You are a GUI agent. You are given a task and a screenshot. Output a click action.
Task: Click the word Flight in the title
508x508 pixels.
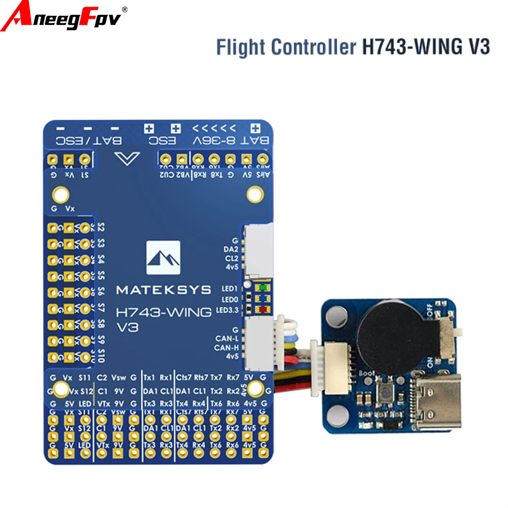click(241, 47)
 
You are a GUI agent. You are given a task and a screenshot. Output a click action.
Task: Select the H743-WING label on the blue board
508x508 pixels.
click(164, 312)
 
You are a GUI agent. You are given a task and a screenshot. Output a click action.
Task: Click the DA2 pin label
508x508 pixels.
click(231, 249)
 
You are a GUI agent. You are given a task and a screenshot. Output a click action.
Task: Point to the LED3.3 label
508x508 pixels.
click(227, 309)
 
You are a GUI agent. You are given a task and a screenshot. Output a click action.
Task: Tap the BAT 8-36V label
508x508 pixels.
click(231, 141)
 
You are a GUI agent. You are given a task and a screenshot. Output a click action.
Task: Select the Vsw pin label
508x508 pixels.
click(118, 377)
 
